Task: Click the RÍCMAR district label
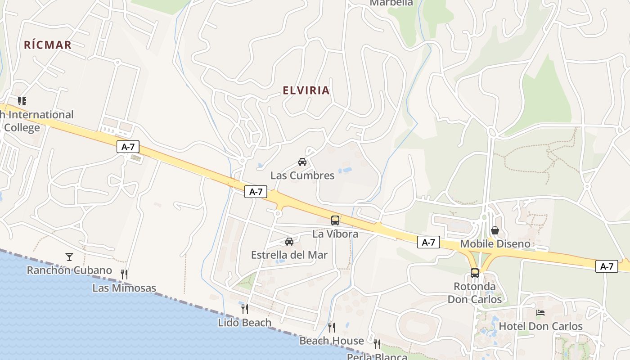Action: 48,45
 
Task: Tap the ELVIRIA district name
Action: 306,90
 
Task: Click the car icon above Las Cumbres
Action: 302,162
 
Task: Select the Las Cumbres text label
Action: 302,175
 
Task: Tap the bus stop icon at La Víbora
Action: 335,220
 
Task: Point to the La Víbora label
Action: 335,234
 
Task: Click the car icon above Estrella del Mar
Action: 289,242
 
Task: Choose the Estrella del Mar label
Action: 289,255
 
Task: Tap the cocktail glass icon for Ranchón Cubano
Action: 69,257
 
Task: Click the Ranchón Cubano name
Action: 69,270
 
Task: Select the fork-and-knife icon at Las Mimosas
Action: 124,274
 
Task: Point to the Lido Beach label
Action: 245,323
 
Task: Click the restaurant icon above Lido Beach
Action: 245,309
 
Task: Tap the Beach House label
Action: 332,341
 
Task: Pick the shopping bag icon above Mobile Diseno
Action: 495,230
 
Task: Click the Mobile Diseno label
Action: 495,244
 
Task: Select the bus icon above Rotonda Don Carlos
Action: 475,273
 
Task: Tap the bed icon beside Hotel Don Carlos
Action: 540,313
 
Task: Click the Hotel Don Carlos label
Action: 541,326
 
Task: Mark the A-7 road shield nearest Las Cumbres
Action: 256,192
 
